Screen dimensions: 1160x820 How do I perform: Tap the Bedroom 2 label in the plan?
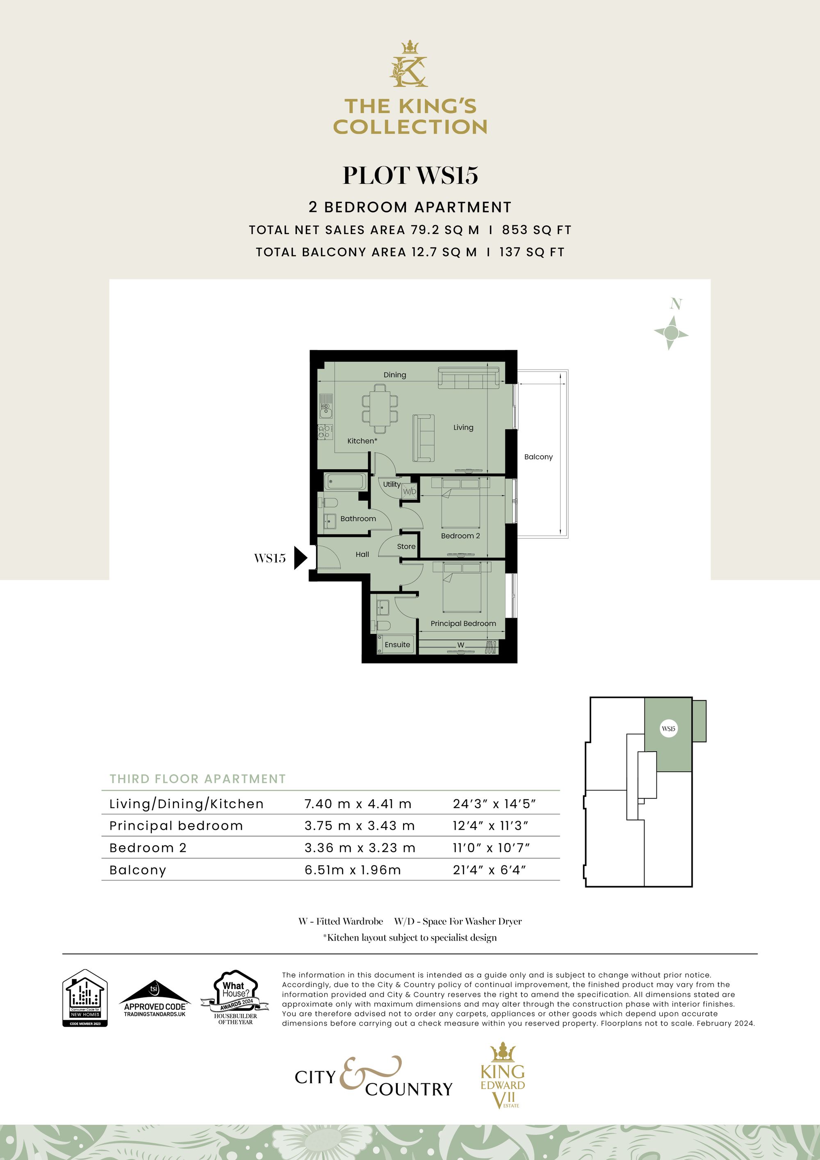tap(460, 536)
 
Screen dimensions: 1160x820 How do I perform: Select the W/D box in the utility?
tap(409, 491)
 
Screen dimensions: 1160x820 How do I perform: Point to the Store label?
tap(406, 546)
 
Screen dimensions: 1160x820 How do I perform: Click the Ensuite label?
tap(397, 645)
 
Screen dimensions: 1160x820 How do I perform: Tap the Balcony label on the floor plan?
tap(538, 457)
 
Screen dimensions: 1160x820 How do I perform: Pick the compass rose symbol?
tap(671, 333)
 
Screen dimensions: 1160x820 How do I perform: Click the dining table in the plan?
tap(379, 409)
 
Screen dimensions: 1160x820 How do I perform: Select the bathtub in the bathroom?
tap(345, 481)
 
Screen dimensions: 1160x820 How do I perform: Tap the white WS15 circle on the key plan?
tap(668, 729)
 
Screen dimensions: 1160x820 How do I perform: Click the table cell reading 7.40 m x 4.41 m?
tap(358, 804)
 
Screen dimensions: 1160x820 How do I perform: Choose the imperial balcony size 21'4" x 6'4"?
tap(489, 870)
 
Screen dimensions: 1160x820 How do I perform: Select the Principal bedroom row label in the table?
tap(176, 825)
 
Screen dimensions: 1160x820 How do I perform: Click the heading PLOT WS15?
tap(410, 175)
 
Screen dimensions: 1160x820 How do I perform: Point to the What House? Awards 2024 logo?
tap(235, 997)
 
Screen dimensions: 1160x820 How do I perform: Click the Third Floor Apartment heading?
tap(198, 779)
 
